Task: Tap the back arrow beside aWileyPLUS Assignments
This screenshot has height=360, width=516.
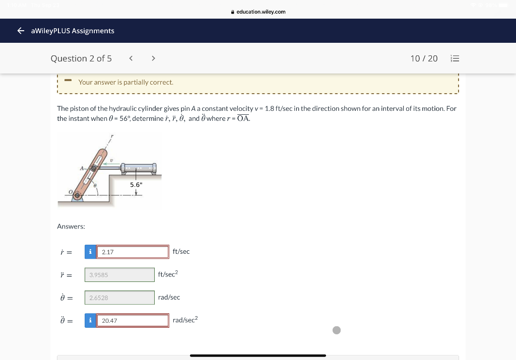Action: click(21, 31)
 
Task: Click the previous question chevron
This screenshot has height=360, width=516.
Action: click(131, 58)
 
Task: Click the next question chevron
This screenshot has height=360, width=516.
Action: click(153, 58)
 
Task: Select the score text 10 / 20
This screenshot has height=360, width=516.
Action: click(424, 58)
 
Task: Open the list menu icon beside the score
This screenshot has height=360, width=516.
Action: click(455, 58)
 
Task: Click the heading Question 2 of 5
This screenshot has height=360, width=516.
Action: click(81, 58)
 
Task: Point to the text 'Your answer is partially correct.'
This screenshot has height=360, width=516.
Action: click(125, 82)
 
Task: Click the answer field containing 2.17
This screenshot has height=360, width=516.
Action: click(133, 252)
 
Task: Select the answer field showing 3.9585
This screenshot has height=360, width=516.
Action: click(119, 275)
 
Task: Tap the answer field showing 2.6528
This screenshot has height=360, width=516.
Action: click(119, 298)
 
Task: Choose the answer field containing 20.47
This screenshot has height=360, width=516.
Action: click(133, 321)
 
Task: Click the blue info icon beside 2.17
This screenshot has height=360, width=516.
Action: click(90, 252)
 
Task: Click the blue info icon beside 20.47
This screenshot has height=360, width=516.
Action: click(90, 321)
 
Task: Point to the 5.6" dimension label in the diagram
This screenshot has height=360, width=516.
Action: click(136, 185)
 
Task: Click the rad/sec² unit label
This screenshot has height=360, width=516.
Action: click(185, 320)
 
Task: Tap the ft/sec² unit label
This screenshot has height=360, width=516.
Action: click(168, 274)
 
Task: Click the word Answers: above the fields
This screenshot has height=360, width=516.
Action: click(71, 227)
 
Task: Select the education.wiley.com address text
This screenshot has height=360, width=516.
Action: click(261, 12)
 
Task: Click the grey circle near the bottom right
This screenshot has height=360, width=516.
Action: click(337, 330)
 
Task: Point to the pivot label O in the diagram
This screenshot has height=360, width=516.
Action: click(71, 192)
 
